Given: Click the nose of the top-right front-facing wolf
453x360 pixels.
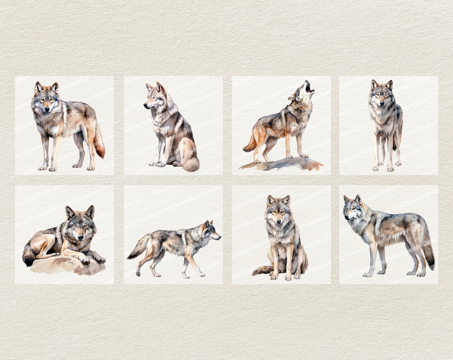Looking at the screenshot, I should click(x=381, y=104).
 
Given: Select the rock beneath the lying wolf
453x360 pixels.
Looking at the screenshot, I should click(x=64, y=266).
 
